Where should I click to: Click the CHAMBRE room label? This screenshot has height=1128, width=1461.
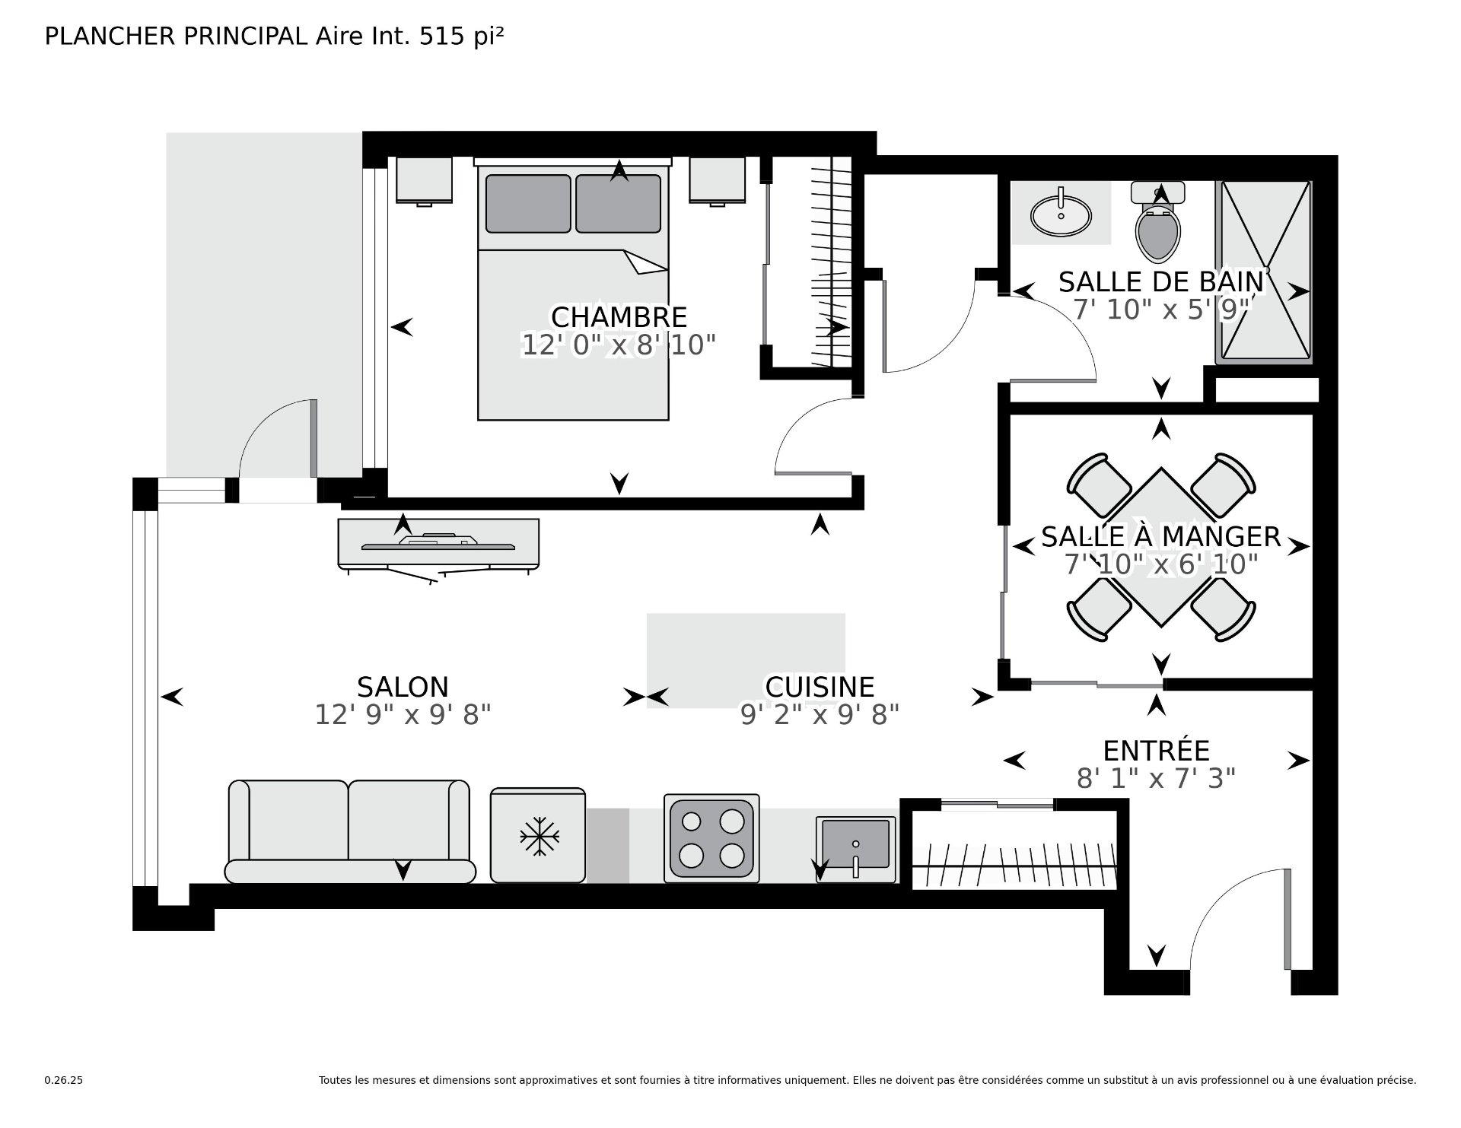(x=619, y=316)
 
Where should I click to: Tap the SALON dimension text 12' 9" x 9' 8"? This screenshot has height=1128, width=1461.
(x=403, y=715)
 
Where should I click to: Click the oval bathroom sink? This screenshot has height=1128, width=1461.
(x=1061, y=214)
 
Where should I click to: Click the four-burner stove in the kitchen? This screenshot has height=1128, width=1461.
(x=711, y=838)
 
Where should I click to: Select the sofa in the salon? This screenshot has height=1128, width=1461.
(x=349, y=831)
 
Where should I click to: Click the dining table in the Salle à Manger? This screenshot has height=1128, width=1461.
(x=1160, y=547)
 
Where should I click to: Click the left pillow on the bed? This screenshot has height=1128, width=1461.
(x=528, y=204)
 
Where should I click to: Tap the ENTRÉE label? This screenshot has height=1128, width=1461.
(x=1156, y=751)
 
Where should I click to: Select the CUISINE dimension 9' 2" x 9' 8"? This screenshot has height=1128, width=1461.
(x=820, y=715)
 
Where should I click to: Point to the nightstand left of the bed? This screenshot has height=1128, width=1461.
(x=424, y=181)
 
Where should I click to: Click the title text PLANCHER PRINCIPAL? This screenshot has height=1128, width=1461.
(x=176, y=37)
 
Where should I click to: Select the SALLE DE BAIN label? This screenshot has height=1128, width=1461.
(x=1161, y=282)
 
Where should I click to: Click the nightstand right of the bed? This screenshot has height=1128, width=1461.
(x=718, y=181)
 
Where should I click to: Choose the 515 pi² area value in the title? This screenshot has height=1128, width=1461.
(x=462, y=37)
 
